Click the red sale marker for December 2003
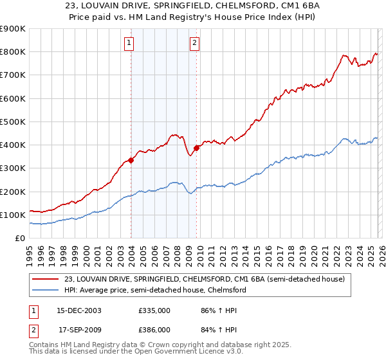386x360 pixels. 131,161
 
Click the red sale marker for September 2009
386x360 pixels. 196,148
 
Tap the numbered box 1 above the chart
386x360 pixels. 129,44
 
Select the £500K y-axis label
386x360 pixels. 13,122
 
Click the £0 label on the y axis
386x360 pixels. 19,238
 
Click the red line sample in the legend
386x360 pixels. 46,279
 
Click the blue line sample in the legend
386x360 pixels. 46,290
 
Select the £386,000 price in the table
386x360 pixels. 154,328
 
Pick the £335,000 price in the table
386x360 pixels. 154,310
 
